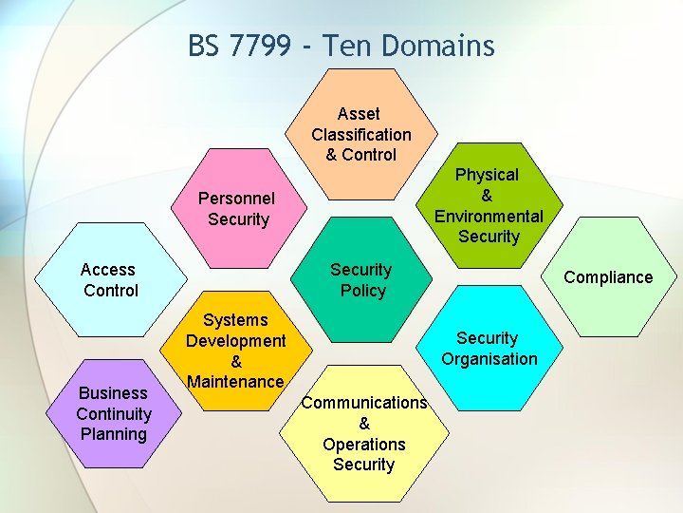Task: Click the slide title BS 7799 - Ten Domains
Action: [341, 46]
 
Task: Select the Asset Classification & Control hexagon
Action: [361, 134]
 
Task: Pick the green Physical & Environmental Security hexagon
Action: [488, 205]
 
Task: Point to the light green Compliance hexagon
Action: [608, 277]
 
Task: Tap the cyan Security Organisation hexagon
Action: [488, 349]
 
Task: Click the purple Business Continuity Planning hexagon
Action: [114, 414]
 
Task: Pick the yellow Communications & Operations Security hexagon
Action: [363, 433]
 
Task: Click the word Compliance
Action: [608, 277]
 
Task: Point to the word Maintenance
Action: [236, 382]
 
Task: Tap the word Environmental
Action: [489, 216]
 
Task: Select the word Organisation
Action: [489, 359]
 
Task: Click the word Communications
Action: [363, 403]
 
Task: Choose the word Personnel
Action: [236, 199]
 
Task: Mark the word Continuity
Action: [114, 414]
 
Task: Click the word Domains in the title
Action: [444, 46]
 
